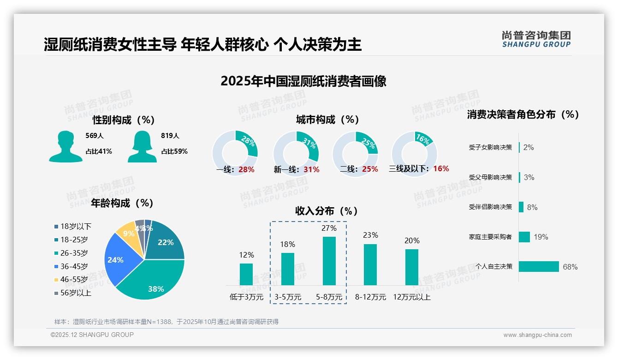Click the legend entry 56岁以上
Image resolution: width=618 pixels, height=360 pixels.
click(x=73, y=293)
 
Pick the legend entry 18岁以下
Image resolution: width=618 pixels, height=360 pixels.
click(x=73, y=226)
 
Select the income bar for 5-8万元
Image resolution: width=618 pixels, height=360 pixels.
click(x=329, y=261)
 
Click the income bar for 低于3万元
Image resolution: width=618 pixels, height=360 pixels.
click(x=246, y=274)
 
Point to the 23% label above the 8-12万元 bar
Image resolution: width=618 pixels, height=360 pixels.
click(x=370, y=235)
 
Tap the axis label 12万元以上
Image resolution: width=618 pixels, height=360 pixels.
click(x=411, y=297)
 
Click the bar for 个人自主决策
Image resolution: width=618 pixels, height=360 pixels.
click(x=539, y=267)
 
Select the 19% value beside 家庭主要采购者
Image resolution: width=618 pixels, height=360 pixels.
click(x=541, y=237)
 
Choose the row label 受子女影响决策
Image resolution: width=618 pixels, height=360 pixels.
click(x=490, y=148)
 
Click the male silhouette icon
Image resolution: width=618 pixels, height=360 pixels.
click(x=65, y=146)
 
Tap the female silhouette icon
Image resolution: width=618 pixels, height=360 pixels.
click(x=142, y=146)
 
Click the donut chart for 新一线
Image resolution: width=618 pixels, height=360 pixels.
click(x=296, y=153)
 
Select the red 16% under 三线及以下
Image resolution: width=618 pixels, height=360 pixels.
click(x=441, y=169)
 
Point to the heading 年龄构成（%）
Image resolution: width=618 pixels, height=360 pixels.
click(x=122, y=203)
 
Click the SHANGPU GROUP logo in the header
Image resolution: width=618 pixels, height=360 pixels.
click(x=536, y=39)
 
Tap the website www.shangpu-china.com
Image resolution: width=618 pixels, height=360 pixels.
click(x=537, y=335)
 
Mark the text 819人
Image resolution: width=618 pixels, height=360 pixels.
click(x=170, y=136)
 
